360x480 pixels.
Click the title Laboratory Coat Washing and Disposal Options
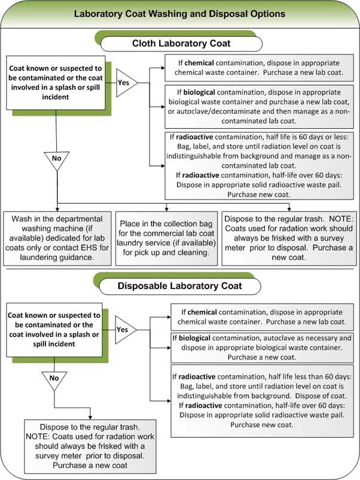[179, 13]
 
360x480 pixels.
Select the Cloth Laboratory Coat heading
[179, 43]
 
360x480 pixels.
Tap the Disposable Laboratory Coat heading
[179, 285]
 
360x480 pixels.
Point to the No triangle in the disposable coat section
[54, 379]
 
